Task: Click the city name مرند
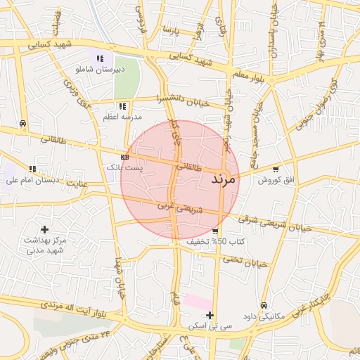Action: pos(225,179)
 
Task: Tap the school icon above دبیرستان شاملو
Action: pos(100,59)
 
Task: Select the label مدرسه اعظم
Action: pos(123,116)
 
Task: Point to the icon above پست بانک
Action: pos(124,157)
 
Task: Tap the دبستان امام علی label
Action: pos(30,180)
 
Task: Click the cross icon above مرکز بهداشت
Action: pos(45,229)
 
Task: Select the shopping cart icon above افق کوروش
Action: pos(276,169)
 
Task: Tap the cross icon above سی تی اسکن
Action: pos(210,315)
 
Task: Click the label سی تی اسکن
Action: pos(209,327)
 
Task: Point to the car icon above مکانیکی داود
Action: pos(263,306)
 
